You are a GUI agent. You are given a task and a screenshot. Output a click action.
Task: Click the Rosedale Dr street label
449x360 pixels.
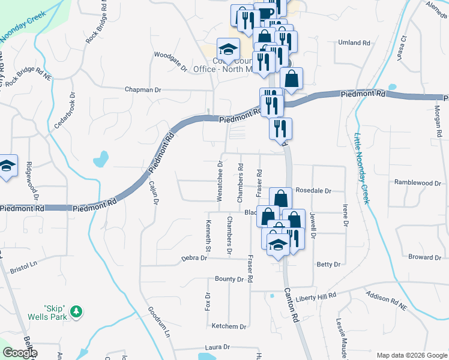313,191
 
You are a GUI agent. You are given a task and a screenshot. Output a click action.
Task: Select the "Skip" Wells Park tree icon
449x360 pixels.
76,311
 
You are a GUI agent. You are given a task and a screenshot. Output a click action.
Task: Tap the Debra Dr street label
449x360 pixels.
194,258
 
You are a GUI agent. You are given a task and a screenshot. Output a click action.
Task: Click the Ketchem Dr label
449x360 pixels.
229,326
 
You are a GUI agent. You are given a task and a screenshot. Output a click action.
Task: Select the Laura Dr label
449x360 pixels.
217,347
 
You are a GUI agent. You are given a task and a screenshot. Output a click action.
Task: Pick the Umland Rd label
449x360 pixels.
354,43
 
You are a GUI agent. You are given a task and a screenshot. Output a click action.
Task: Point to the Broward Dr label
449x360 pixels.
424,257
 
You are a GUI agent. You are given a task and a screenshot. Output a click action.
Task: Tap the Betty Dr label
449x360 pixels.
328,264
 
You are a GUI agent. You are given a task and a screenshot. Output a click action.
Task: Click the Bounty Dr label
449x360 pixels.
229,279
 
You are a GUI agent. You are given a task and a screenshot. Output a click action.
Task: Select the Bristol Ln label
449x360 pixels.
24,268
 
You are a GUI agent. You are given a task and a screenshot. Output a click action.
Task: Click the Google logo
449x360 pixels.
19,353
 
